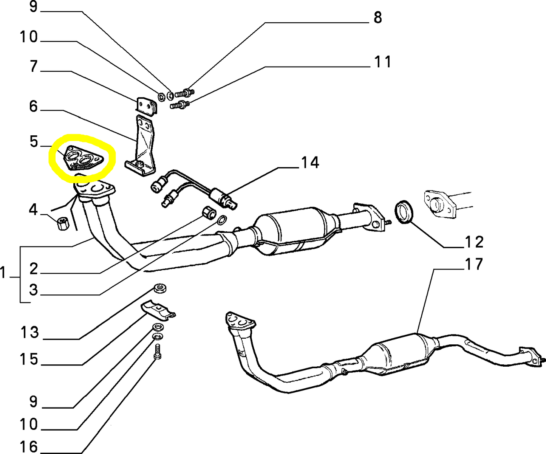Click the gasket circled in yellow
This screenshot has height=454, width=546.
point(84,159)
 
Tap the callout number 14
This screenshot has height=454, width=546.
point(310,163)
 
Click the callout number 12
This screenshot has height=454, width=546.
point(474,242)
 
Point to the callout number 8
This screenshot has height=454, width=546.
point(377,18)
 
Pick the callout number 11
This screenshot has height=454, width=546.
point(382,62)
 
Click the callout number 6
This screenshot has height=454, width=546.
point(34,107)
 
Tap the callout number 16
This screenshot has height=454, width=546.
point(29,447)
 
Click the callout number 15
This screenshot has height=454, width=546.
point(29,359)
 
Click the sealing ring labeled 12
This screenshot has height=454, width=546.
point(404,212)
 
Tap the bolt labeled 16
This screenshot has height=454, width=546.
point(158,352)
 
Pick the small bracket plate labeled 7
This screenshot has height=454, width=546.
point(146,106)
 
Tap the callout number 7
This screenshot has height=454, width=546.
point(34,67)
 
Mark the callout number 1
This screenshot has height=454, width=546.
point(3,273)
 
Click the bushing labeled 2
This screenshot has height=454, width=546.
point(209,213)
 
